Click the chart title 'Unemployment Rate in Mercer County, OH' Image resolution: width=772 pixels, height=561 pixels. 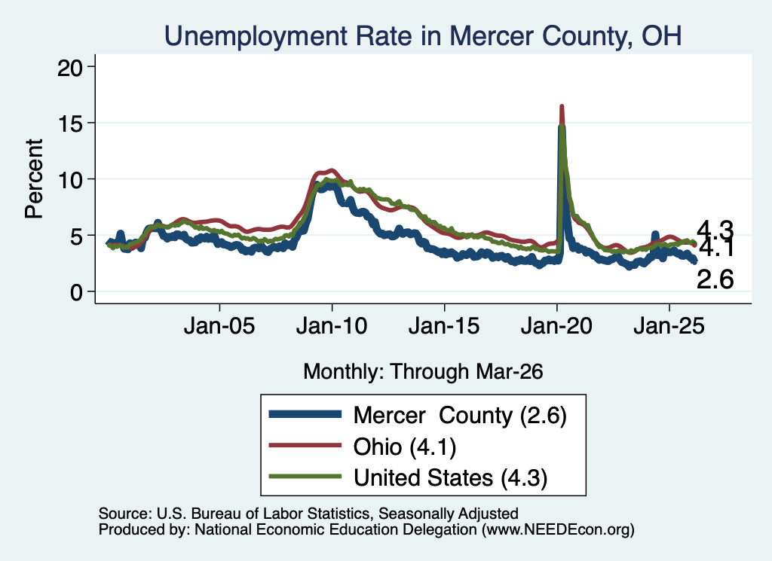click(x=423, y=36)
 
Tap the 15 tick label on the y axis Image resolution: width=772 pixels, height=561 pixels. click(x=69, y=123)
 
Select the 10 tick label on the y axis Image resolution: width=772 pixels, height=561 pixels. click(x=69, y=179)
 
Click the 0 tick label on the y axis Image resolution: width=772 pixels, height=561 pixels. click(x=76, y=292)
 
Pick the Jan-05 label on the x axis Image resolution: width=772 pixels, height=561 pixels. click(x=219, y=326)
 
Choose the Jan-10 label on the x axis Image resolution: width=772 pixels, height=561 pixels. click(x=332, y=326)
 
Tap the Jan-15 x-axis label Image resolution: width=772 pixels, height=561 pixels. click(x=444, y=326)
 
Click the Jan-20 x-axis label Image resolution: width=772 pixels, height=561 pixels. click(x=556, y=326)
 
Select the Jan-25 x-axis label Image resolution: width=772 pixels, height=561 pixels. click(x=669, y=326)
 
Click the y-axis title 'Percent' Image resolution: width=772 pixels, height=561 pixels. click(x=34, y=179)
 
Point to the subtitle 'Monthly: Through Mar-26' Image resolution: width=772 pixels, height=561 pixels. click(x=423, y=371)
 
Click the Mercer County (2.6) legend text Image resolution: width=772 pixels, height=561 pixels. click(x=460, y=416)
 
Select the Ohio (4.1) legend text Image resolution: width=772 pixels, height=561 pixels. click(x=405, y=447)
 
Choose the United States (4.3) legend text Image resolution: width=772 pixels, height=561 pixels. click(x=451, y=478)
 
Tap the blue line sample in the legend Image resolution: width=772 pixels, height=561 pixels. click(x=305, y=414)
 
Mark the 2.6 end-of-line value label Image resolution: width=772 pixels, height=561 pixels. click(x=715, y=279)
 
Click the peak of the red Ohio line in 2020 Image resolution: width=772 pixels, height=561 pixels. click(x=561, y=107)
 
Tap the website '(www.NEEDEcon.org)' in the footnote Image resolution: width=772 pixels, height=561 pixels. click(x=558, y=529)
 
